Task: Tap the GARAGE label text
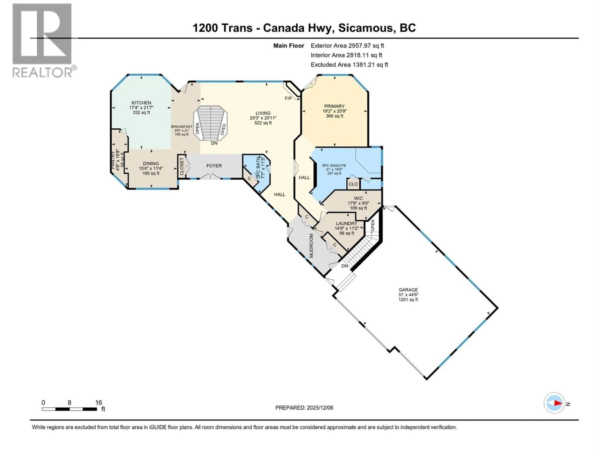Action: point(408,290)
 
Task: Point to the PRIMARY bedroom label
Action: point(334,106)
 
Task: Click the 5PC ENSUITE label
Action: point(334,166)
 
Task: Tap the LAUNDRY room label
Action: point(346,223)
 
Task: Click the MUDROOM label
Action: point(311,245)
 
